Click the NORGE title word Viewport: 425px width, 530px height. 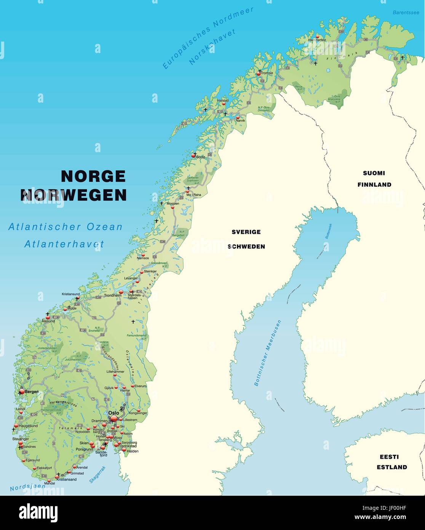coord(93,176)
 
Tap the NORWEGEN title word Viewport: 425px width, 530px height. coord(73,195)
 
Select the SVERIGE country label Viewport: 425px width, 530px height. coord(246,232)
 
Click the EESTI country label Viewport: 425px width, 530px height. coord(389,456)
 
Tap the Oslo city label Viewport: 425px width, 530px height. coord(113,413)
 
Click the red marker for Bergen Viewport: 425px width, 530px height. coord(22,391)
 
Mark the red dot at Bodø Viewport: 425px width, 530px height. coord(193,156)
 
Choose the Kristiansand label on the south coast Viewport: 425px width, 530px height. coord(67,479)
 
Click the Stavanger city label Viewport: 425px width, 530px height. coord(21,439)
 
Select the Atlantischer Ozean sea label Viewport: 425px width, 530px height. coord(66,227)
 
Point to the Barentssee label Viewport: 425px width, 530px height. coord(406,13)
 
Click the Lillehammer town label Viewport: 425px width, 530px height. coord(115,371)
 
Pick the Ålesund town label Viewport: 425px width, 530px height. coord(48,321)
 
